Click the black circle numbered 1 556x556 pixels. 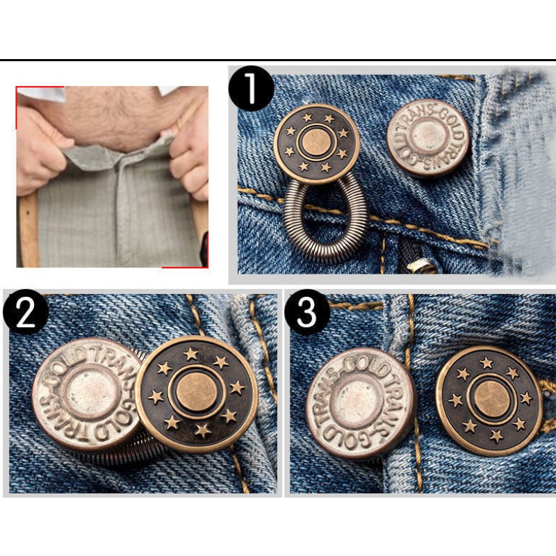tap(251, 88)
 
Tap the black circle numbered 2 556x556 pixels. tap(26, 313)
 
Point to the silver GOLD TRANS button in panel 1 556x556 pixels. tap(427, 138)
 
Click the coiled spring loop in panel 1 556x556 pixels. tap(325, 215)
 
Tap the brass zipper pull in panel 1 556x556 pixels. tap(422, 265)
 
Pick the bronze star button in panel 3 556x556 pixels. tap(489, 400)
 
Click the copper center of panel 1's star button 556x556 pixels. tap(317, 142)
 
